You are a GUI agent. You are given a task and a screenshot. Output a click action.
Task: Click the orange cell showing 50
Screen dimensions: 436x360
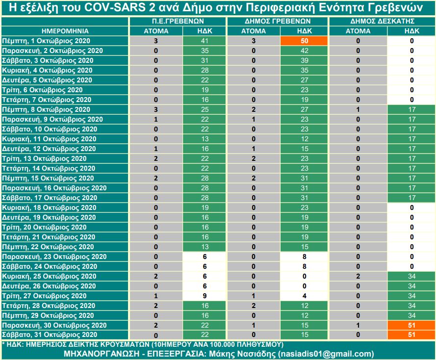pos(304,41)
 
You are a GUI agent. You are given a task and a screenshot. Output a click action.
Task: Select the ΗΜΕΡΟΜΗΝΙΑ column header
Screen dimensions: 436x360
pos(65,31)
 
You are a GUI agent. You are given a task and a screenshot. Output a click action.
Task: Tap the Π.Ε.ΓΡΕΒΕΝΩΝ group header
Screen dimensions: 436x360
pos(178,21)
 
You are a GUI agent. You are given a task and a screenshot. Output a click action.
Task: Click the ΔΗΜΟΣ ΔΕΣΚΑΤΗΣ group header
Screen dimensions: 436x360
pos(382,21)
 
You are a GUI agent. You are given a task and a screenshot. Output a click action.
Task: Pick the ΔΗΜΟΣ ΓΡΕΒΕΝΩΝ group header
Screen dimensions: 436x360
pos(278,21)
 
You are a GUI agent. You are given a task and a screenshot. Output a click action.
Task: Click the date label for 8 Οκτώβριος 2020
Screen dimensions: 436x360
pos(46,109)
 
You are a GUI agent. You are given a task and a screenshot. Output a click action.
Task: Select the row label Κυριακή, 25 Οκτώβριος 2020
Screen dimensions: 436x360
pos(49,276)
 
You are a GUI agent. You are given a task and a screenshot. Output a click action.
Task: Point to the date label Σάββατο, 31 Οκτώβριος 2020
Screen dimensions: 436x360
pos(50,334)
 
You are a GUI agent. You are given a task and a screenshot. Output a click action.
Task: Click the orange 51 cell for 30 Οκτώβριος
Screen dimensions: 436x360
pos(411,325)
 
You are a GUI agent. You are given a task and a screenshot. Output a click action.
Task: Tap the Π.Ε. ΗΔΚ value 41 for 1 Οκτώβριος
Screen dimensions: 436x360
pos(205,41)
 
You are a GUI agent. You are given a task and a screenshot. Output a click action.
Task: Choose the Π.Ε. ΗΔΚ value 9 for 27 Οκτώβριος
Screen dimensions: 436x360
pos(205,296)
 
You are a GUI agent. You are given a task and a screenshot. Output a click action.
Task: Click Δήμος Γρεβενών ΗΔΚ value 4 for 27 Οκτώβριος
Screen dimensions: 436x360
pos(304,296)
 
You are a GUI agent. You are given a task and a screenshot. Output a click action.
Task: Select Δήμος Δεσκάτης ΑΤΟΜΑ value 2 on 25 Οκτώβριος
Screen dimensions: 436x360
pos(358,276)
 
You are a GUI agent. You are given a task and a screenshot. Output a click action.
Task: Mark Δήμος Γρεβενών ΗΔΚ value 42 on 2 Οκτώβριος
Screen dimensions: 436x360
pos(304,51)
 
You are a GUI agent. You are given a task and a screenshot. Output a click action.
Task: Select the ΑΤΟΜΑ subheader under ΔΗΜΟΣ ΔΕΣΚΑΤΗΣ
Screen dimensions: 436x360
pos(358,31)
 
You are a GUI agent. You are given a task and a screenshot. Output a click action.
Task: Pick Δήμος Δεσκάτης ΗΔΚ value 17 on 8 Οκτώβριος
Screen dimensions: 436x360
pos(411,109)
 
